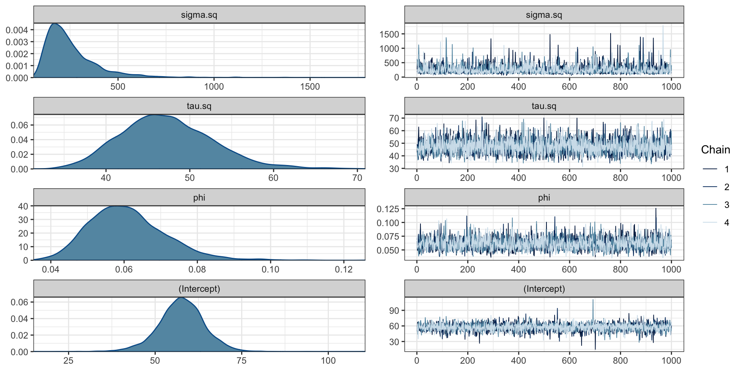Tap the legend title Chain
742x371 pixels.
[715, 150]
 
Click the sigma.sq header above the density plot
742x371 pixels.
[199, 15]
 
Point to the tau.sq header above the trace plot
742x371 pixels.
[544, 106]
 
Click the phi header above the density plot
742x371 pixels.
[199, 197]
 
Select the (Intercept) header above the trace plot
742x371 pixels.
[544, 289]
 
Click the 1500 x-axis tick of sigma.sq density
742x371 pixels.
[310, 87]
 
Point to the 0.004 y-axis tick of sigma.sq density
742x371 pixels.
[17, 30]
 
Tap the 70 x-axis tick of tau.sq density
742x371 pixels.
[357, 178]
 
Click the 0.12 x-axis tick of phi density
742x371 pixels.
[344, 269]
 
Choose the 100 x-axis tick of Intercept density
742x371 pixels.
[328, 361]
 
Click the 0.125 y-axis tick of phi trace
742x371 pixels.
[388, 209]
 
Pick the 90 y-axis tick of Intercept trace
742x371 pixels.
[394, 311]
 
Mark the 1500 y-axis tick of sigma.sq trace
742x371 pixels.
[389, 34]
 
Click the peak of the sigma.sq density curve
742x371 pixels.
[54, 24]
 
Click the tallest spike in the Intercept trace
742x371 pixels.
[593, 300]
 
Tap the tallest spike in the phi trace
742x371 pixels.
[656, 209]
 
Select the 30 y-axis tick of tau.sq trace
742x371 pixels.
[394, 169]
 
